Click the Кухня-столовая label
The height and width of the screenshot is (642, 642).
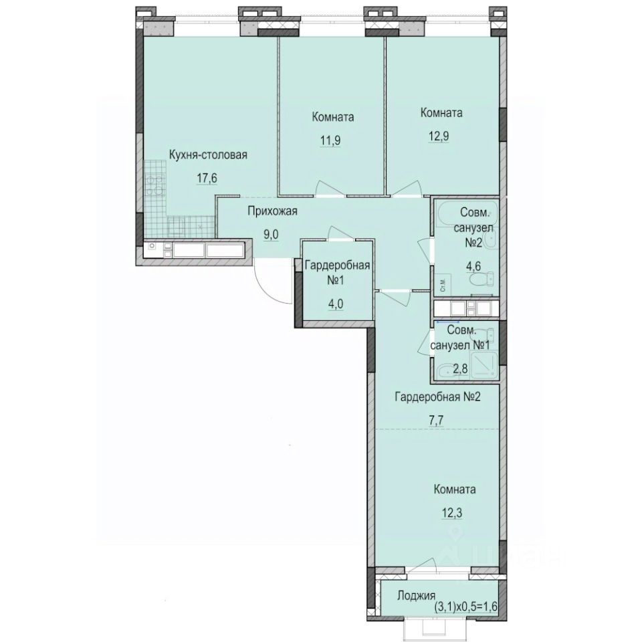click(x=208, y=155)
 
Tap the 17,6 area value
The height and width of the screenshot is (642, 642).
click(x=207, y=179)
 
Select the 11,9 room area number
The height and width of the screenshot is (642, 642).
click(x=330, y=140)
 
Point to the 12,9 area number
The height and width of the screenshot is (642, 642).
click(x=439, y=136)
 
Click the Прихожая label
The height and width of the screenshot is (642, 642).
click(x=272, y=211)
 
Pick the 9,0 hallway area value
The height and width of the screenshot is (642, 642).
click(x=271, y=235)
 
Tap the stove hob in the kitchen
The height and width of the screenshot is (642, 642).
click(x=154, y=185)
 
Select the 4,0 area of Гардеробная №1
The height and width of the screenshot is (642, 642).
click(x=335, y=304)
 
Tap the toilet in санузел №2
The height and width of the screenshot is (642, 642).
click(x=482, y=280)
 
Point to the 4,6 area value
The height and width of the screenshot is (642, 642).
click(x=473, y=266)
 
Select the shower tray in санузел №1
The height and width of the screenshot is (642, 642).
click(x=484, y=365)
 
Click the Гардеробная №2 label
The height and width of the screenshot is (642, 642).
click(x=437, y=397)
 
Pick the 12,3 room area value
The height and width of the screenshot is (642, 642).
click(x=453, y=513)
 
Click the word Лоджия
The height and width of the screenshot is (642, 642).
click(x=416, y=596)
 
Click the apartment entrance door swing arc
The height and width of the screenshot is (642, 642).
click(x=267, y=290)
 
